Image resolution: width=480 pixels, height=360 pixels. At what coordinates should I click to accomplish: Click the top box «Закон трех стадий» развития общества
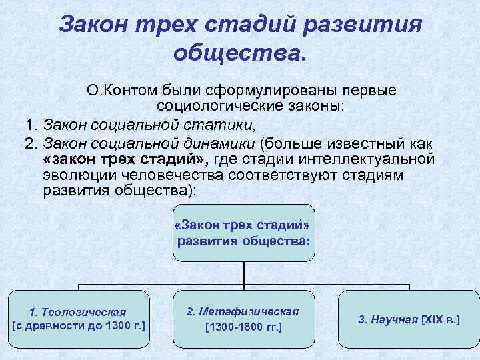click(244, 232)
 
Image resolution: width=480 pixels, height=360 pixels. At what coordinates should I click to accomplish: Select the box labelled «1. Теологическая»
click(79, 319)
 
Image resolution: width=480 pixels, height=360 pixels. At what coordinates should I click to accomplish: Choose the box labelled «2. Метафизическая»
click(243, 319)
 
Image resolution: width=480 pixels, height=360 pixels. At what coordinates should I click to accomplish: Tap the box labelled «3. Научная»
click(409, 319)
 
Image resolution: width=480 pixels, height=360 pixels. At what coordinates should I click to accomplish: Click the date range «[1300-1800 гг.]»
click(244, 327)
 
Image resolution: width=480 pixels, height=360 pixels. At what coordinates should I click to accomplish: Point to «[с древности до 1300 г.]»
click(79, 326)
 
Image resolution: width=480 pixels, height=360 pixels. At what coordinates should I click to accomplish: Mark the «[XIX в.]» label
click(440, 319)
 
